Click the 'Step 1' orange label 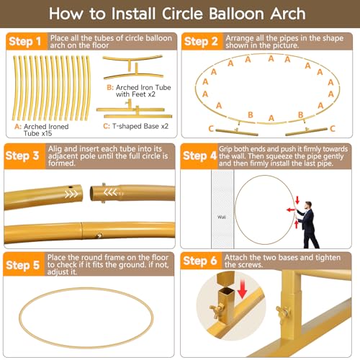[25, 41]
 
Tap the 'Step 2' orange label [201, 41]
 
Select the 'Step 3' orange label [22, 156]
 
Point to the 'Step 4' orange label [199, 156]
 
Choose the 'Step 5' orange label [23, 265]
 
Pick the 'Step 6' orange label [200, 261]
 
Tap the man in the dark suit [307, 225]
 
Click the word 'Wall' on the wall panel [222, 217]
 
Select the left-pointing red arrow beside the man [291, 210]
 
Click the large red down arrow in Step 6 [243, 289]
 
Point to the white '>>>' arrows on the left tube [71, 194]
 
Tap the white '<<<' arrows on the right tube [110, 192]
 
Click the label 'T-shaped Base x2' [140, 126]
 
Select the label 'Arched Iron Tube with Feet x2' [143, 91]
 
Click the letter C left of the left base [211, 129]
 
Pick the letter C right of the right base [332, 129]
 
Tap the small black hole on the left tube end [71, 187]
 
